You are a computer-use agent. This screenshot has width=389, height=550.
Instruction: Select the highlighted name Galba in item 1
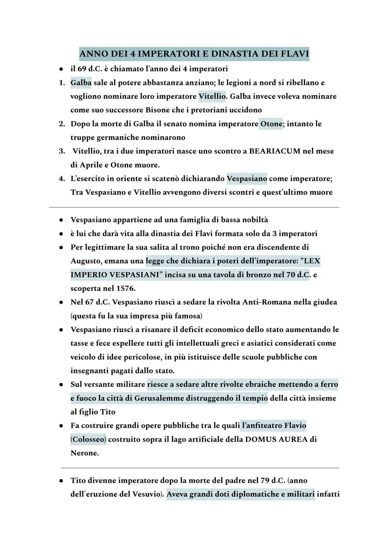[81, 83]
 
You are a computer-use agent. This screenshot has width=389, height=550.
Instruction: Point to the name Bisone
[159, 110]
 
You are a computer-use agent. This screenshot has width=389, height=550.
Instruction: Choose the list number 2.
[62, 124]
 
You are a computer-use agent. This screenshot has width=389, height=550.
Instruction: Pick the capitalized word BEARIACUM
[274, 151]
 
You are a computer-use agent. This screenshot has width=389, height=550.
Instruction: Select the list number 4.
[62, 179]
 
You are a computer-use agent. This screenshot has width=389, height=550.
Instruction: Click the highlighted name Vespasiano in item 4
[247, 179]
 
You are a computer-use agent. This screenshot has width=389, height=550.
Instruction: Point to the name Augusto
[86, 261]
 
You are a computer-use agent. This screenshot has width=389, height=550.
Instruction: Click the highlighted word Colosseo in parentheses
[88, 439]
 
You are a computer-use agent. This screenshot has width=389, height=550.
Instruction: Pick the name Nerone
[84, 453]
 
